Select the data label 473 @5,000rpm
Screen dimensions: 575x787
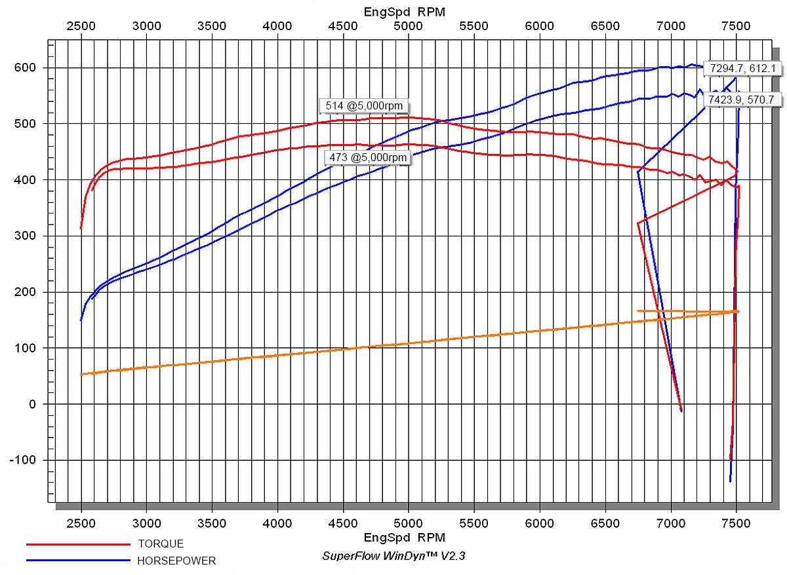[367, 157]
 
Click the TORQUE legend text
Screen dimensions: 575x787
[161, 544]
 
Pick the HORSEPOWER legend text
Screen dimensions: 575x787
[176, 561]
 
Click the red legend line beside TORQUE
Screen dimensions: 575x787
[78, 544]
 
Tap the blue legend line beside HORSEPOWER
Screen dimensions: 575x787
[78, 561]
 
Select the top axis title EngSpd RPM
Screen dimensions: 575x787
[404, 12]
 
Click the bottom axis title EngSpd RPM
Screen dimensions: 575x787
[404, 538]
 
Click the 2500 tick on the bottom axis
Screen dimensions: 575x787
[81, 523]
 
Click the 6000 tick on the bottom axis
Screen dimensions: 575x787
[539, 523]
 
